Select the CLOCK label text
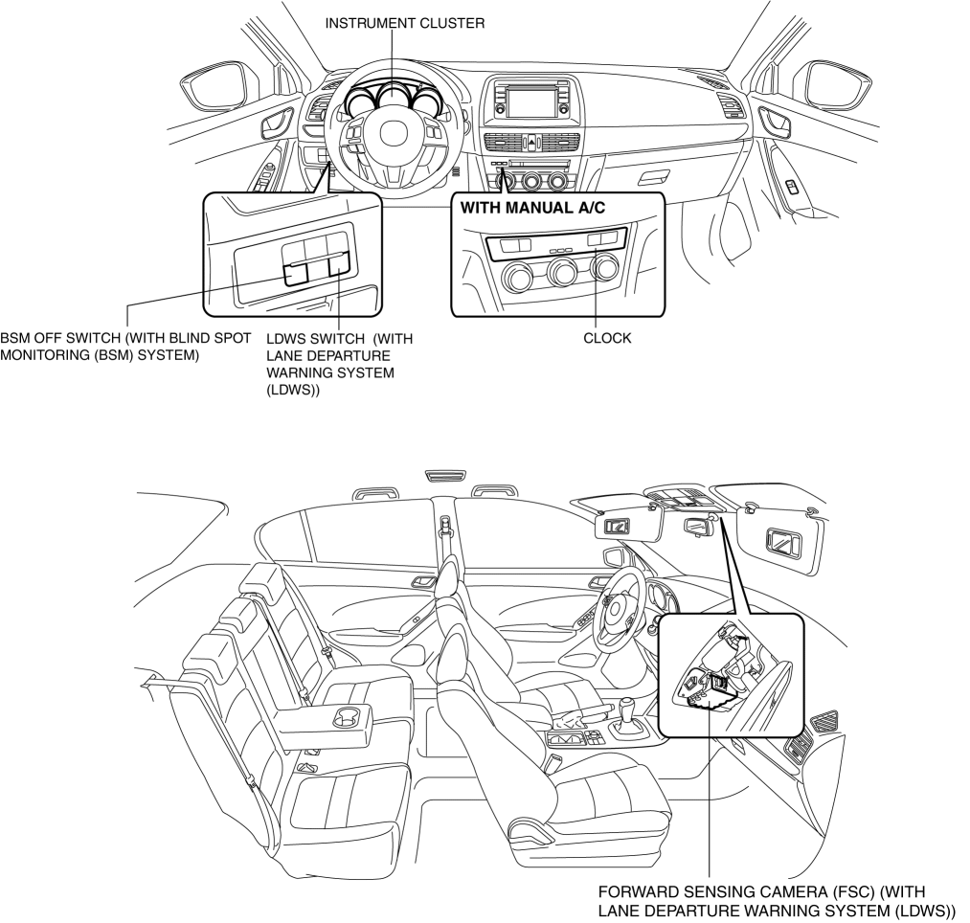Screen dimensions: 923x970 607,338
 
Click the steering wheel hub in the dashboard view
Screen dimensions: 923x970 394,135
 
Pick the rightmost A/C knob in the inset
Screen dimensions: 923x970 605,270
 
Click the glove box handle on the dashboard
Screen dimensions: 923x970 654,178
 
